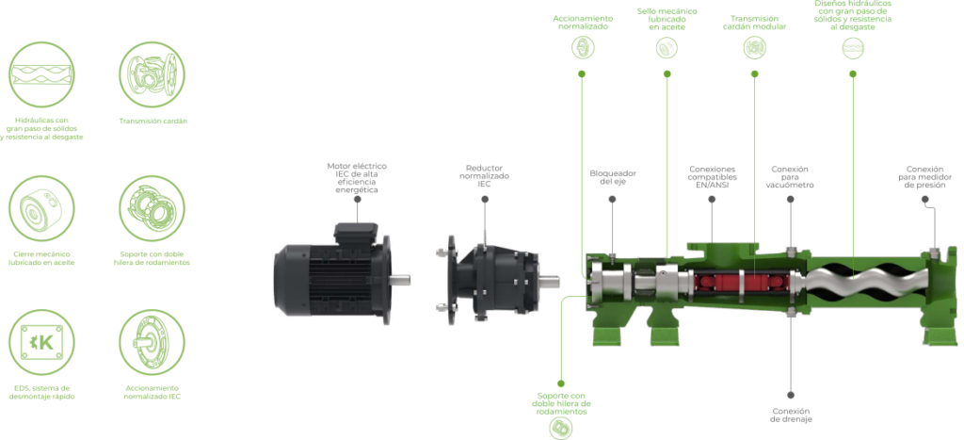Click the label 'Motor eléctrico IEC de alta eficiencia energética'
click(356, 178)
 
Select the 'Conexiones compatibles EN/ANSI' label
click(713, 178)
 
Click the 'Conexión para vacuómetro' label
click(790, 177)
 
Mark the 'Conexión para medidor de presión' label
click(924, 177)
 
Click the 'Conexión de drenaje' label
click(791, 415)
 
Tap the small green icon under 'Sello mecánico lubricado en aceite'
click(667, 51)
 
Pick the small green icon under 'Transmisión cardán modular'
click(754, 51)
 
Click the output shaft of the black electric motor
click(402, 278)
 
